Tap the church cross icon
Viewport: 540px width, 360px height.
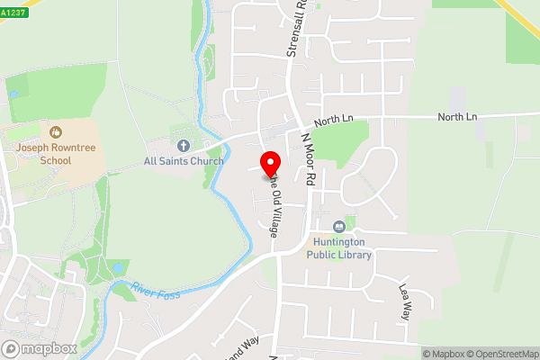pyautogui.click(x=184, y=145)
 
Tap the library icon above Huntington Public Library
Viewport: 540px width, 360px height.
pyautogui.click(x=339, y=227)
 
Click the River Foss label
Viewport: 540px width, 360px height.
pyautogui.click(x=156, y=292)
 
